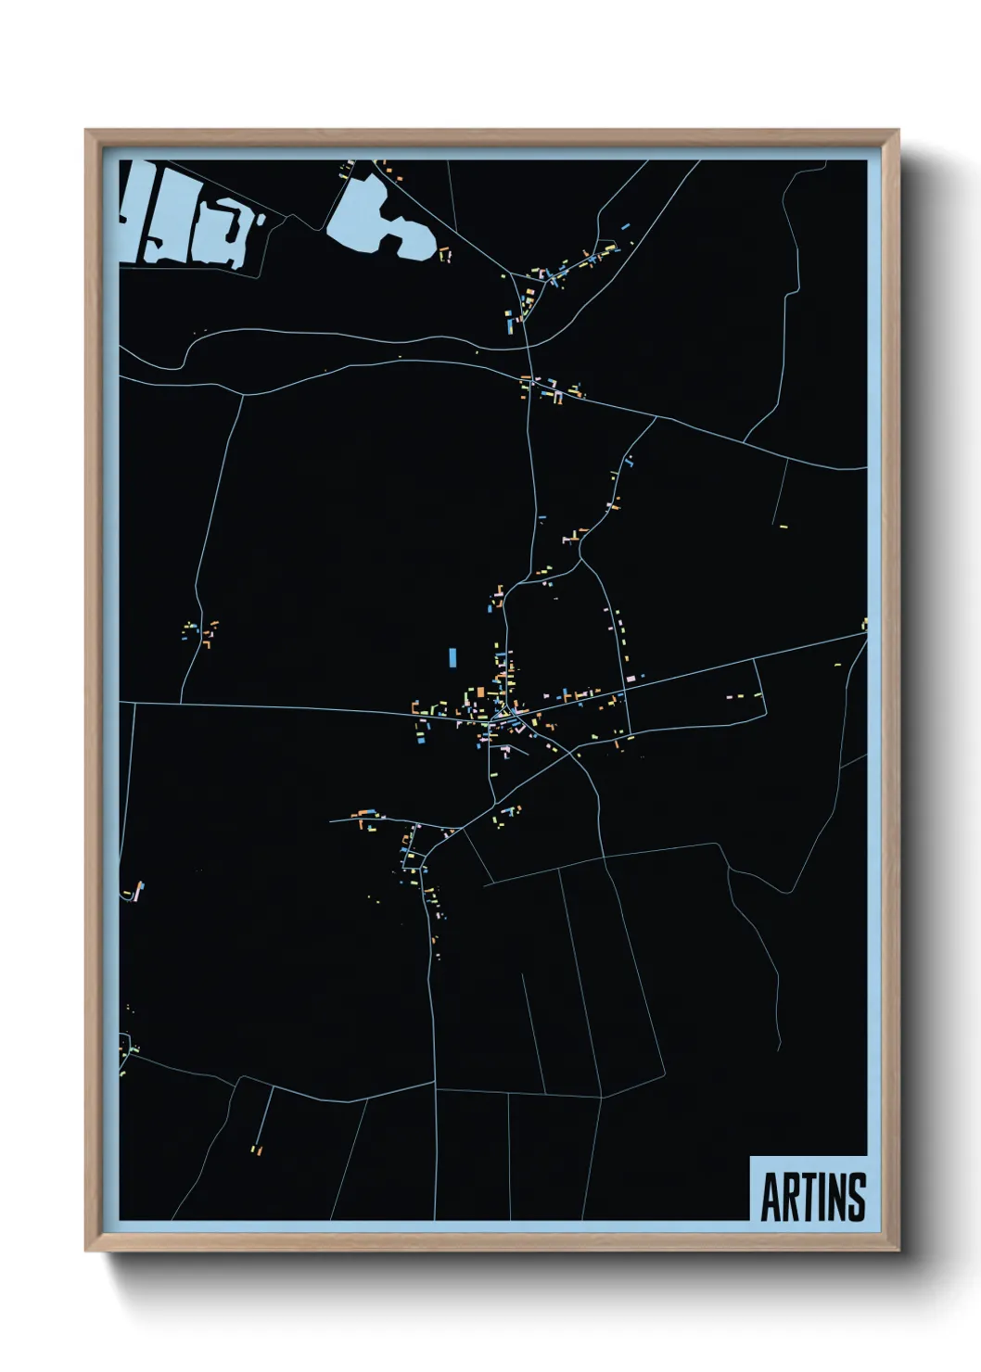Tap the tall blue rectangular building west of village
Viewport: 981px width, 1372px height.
[x=452, y=656]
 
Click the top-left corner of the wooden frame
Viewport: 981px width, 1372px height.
[x=86, y=131]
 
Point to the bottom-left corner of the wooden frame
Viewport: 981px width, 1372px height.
[x=86, y=1251]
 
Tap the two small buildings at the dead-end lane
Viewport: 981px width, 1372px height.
[x=257, y=1150]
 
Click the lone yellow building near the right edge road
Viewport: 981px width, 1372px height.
[x=784, y=526]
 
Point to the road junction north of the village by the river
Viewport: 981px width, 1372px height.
[x=526, y=347]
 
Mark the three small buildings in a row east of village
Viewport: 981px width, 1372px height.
[x=742, y=694]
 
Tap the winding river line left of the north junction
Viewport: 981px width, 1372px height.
[x=325, y=334]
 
